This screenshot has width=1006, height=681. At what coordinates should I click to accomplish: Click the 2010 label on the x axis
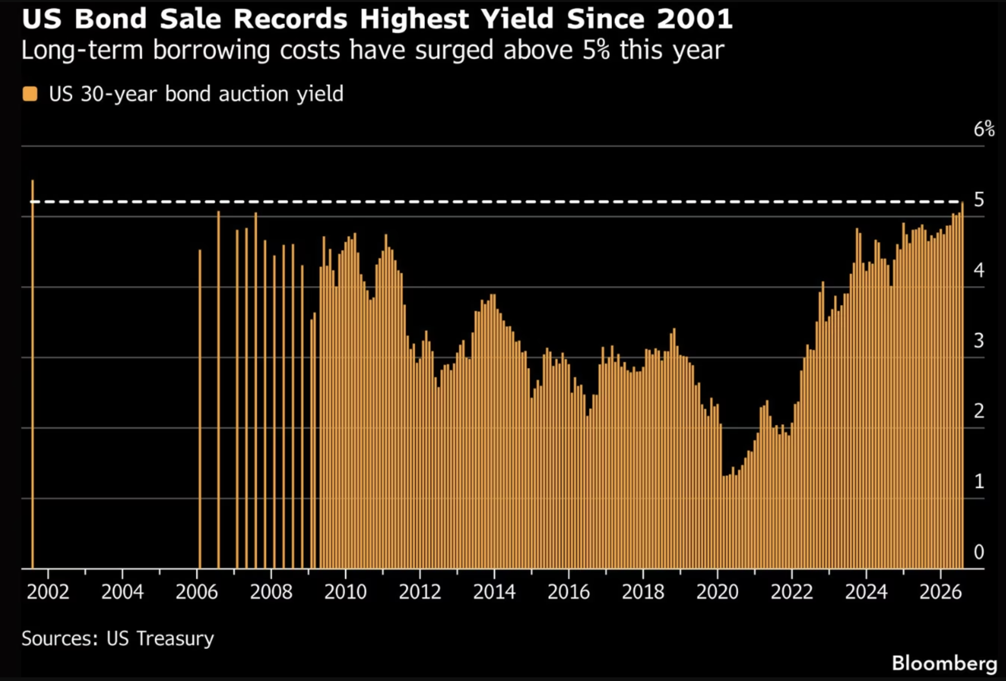click(345, 592)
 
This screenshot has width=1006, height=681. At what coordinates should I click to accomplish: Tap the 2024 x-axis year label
click(866, 592)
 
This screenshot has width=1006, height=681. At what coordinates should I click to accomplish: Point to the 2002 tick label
click(47, 592)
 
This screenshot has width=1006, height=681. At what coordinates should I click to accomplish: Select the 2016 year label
click(568, 592)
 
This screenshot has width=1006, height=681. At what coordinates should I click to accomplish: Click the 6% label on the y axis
click(984, 129)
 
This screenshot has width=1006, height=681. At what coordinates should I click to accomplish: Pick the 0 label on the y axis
click(979, 552)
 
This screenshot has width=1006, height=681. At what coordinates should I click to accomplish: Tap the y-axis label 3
click(979, 341)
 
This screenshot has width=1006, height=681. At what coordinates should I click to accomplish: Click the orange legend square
click(30, 94)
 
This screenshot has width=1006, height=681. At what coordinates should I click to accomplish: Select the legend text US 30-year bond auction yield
click(196, 94)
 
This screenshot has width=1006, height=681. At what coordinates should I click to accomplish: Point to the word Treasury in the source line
click(175, 638)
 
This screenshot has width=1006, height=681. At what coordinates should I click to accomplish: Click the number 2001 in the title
click(694, 19)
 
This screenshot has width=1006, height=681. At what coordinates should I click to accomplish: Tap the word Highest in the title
click(414, 19)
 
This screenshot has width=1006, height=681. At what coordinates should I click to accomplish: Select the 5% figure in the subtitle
click(596, 50)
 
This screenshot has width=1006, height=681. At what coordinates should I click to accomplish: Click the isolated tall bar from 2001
click(32, 374)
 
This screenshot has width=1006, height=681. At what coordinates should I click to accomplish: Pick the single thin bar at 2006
click(200, 409)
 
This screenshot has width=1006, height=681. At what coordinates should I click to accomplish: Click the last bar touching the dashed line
click(962, 385)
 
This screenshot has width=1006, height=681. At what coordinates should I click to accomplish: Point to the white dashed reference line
click(496, 202)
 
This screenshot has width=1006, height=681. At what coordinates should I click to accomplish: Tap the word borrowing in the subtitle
click(212, 51)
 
